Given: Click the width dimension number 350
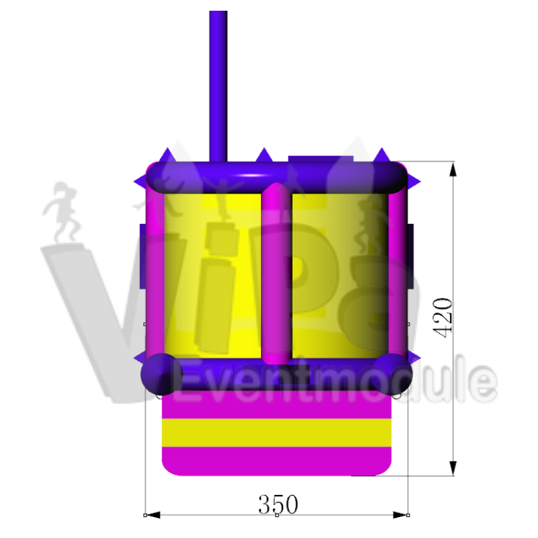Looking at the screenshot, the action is coord(278,504).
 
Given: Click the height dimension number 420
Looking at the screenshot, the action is coord(443,317).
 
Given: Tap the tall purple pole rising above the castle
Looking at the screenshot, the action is coord(218,86).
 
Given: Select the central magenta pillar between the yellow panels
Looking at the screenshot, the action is coord(276,273).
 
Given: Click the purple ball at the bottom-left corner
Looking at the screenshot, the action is coord(161,374).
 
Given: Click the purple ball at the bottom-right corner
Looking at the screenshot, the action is coord(392,374).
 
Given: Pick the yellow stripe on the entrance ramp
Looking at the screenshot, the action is coord(276,432).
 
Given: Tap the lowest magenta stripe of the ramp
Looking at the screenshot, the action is coord(276,461).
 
